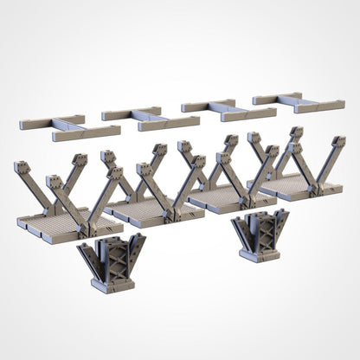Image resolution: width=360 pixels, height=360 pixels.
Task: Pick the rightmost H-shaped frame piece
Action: click(298, 102)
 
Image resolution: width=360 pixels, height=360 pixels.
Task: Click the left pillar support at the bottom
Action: click(111, 265)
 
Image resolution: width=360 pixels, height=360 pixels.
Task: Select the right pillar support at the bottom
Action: click(259, 235)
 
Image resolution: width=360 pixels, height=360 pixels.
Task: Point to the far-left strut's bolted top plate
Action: click(22, 168)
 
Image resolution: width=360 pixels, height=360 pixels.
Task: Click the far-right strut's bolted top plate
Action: click(337, 141)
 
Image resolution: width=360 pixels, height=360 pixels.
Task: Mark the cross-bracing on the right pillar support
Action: click(259, 228)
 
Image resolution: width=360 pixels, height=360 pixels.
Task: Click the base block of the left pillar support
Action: click(112, 284)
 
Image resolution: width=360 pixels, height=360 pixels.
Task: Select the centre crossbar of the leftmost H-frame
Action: click(67, 127)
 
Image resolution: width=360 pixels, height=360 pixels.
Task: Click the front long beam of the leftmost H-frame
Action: click(87, 133)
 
